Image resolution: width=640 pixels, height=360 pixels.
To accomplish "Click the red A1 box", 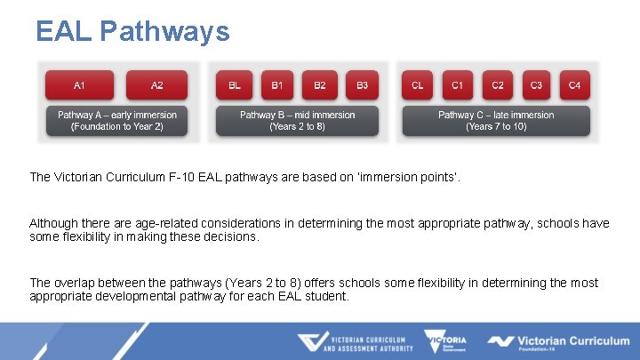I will point(80,85).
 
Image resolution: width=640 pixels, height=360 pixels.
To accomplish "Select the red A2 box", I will point(156,85).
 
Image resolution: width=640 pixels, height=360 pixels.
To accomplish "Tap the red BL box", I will point(235,85).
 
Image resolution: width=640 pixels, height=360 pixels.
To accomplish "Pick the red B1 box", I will point(277,85).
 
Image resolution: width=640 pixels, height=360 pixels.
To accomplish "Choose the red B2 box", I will point(320,85).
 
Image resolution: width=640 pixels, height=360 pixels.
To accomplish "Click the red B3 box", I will point(362,85).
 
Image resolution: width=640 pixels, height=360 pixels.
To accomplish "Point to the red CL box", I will point(418,85).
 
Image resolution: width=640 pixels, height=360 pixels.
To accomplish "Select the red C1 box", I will point(457,85).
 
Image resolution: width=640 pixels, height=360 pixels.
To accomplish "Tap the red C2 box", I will point(498,85).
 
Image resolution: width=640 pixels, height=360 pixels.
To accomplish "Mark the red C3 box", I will point(536,85).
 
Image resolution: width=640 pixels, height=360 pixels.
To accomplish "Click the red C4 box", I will point(574,85).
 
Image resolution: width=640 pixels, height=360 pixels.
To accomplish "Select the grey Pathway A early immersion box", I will point(117,121).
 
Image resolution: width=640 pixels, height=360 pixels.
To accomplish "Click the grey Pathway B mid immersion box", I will point(298,121).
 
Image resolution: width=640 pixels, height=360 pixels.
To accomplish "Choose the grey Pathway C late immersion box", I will point(496,121).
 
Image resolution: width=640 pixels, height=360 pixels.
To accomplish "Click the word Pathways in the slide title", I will point(164,32).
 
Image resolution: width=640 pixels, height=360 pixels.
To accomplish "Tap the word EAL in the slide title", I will point(64,32).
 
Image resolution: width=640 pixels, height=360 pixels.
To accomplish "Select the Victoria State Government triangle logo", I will point(445,341).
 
